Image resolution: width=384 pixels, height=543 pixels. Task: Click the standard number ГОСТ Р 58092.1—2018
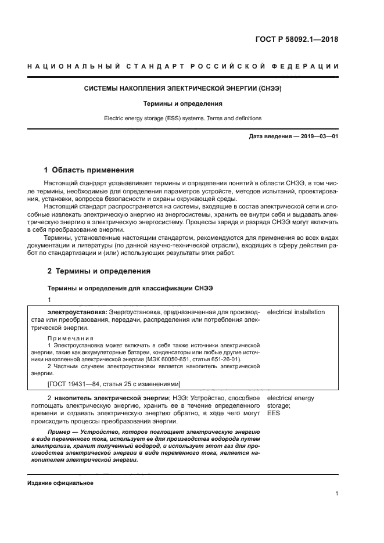(296, 40)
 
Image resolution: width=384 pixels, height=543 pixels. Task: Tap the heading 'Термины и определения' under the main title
(183, 104)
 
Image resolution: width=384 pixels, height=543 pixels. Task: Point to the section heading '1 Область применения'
(89, 170)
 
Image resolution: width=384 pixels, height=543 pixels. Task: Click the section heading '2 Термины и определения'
(98, 271)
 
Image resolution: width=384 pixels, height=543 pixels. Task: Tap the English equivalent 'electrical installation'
(296, 312)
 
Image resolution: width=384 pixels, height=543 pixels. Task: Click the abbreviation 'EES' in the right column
(273, 413)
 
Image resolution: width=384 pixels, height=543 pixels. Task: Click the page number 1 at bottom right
(336, 494)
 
